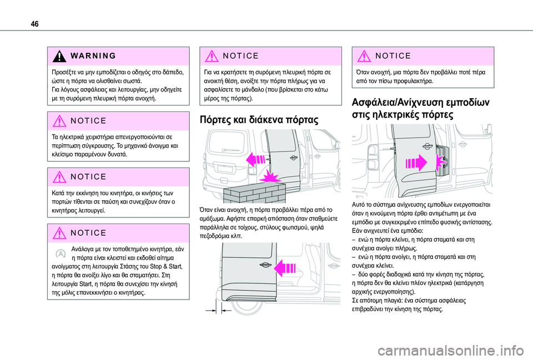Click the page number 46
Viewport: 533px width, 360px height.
(34, 24)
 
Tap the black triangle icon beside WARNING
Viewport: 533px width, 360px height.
(59, 57)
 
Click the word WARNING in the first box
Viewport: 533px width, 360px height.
(93, 55)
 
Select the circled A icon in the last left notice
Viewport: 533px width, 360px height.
(60, 253)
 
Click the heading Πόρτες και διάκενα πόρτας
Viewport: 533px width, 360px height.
(259, 120)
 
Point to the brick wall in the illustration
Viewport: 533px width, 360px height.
(255, 192)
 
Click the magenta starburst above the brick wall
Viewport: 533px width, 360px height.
(270, 177)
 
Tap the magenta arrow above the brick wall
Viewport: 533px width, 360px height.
(255, 159)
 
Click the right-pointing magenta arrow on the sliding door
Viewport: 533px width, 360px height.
(416, 163)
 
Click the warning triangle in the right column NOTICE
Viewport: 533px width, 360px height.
(364, 56)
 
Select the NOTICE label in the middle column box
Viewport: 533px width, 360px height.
(240, 55)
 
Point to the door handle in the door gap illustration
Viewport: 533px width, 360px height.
(264, 265)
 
